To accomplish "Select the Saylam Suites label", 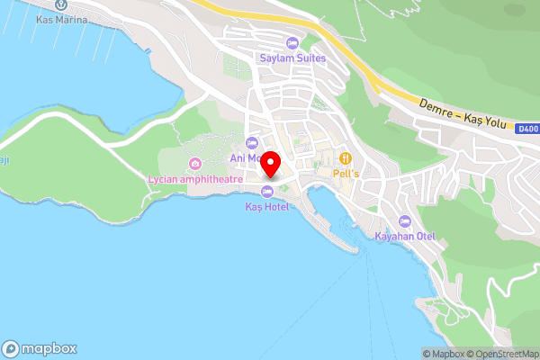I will point(292,58).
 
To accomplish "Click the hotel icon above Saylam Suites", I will point(292,43).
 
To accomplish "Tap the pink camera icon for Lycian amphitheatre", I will point(194,163).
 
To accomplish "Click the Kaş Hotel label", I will point(267,207).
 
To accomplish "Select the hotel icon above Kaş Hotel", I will point(267,192).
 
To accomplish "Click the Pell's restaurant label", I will point(346,171).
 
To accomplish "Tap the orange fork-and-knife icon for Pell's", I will point(346,157).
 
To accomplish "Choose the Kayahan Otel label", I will point(405,237).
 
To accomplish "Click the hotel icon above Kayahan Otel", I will point(405,221).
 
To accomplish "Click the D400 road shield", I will point(528,130).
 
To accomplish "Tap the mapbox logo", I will point(40,348).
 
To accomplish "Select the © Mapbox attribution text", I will point(444,353).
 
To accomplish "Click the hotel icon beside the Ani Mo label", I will point(252,144).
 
